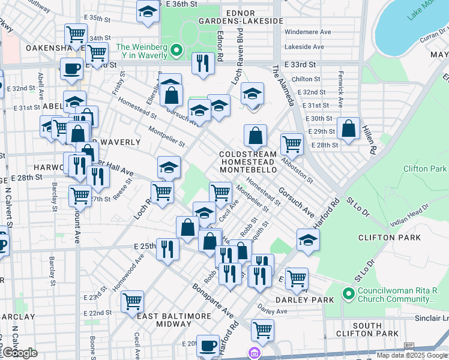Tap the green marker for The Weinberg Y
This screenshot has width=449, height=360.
click(x=176, y=50)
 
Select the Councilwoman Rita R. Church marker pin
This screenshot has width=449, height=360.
click(x=348, y=294)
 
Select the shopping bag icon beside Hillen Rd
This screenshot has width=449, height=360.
click(x=348, y=128)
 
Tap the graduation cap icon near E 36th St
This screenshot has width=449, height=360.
click(x=147, y=11)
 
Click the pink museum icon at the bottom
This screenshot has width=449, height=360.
click(x=255, y=354)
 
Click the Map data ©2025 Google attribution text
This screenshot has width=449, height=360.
click(x=412, y=355)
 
